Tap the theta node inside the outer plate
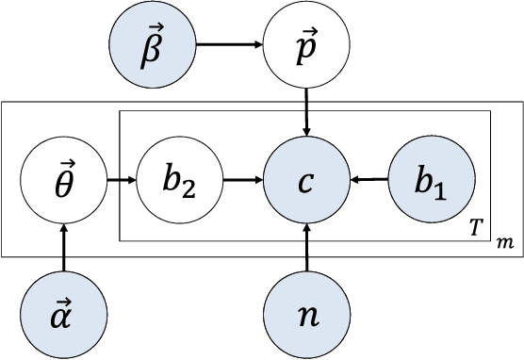(62, 176)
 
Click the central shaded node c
(307, 176)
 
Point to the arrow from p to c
(307, 108)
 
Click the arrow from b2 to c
(242, 176)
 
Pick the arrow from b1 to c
(369, 176)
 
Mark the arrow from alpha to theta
(62, 247)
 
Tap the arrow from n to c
(307, 247)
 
